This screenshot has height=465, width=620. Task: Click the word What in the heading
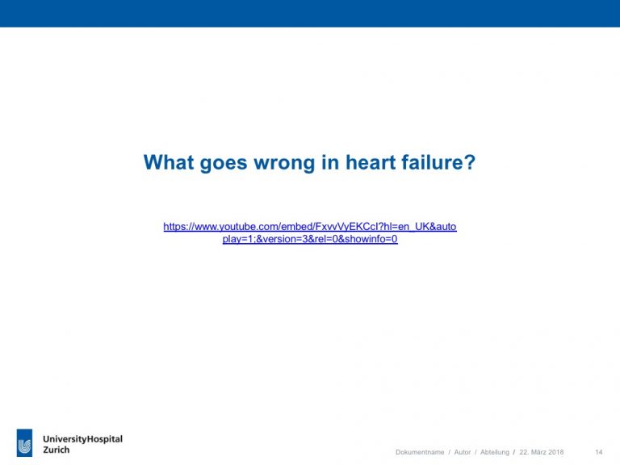click(169, 162)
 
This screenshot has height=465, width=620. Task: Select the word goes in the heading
click(224, 163)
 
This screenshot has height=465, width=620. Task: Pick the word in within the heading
click(330, 162)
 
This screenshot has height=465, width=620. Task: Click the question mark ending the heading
click(469, 162)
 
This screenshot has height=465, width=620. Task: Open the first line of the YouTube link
click(310, 227)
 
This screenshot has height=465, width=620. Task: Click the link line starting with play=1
click(310, 239)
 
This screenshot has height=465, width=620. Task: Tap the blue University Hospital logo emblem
click(24, 443)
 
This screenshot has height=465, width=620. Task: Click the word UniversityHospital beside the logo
click(82, 439)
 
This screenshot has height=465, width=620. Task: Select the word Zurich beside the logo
click(57, 450)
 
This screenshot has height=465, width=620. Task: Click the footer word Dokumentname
click(420, 452)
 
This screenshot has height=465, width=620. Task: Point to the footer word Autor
click(463, 452)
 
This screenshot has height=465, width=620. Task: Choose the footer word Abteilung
click(495, 452)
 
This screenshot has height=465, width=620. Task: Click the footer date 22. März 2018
click(542, 452)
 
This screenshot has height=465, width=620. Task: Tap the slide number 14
click(599, 452)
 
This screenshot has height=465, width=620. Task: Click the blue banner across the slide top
click(310, 14)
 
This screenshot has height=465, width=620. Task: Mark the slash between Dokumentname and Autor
click(449, 452)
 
